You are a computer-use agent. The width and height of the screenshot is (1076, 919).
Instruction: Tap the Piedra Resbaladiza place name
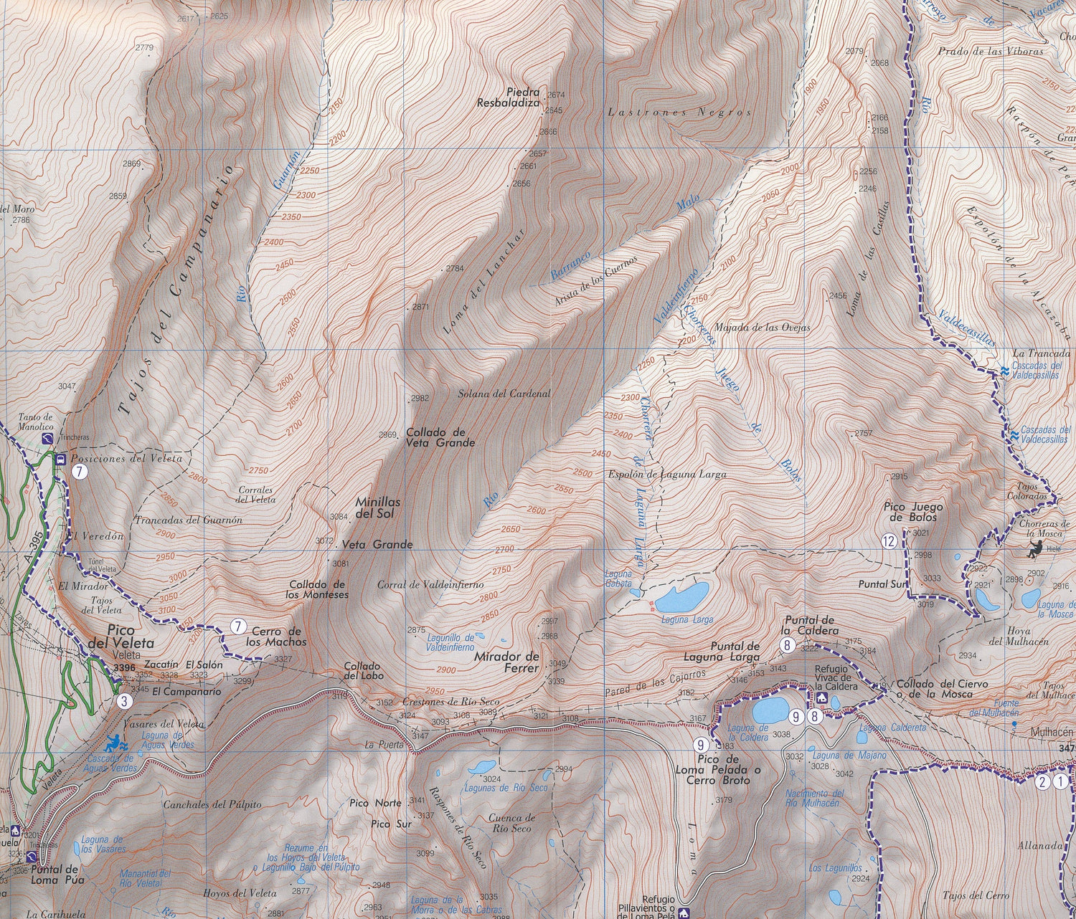511,97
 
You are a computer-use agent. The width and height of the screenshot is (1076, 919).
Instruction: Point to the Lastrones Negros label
679,113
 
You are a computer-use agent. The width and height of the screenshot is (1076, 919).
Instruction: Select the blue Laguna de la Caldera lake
768,710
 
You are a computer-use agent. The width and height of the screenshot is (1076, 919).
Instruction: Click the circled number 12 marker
889,541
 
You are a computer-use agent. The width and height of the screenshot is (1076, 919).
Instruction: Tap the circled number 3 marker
125,701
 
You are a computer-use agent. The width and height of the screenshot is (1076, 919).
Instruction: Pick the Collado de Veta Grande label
440,438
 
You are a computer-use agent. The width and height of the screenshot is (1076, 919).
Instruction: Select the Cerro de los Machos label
279,636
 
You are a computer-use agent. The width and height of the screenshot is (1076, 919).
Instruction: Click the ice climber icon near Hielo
1033,550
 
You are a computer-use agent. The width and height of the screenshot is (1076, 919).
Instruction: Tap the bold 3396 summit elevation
123,667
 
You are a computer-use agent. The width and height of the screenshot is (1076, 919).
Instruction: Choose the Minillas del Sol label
377,508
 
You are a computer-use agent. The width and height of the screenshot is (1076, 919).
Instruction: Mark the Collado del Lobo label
362,670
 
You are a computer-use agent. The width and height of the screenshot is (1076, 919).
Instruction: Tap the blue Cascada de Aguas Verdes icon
115,743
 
